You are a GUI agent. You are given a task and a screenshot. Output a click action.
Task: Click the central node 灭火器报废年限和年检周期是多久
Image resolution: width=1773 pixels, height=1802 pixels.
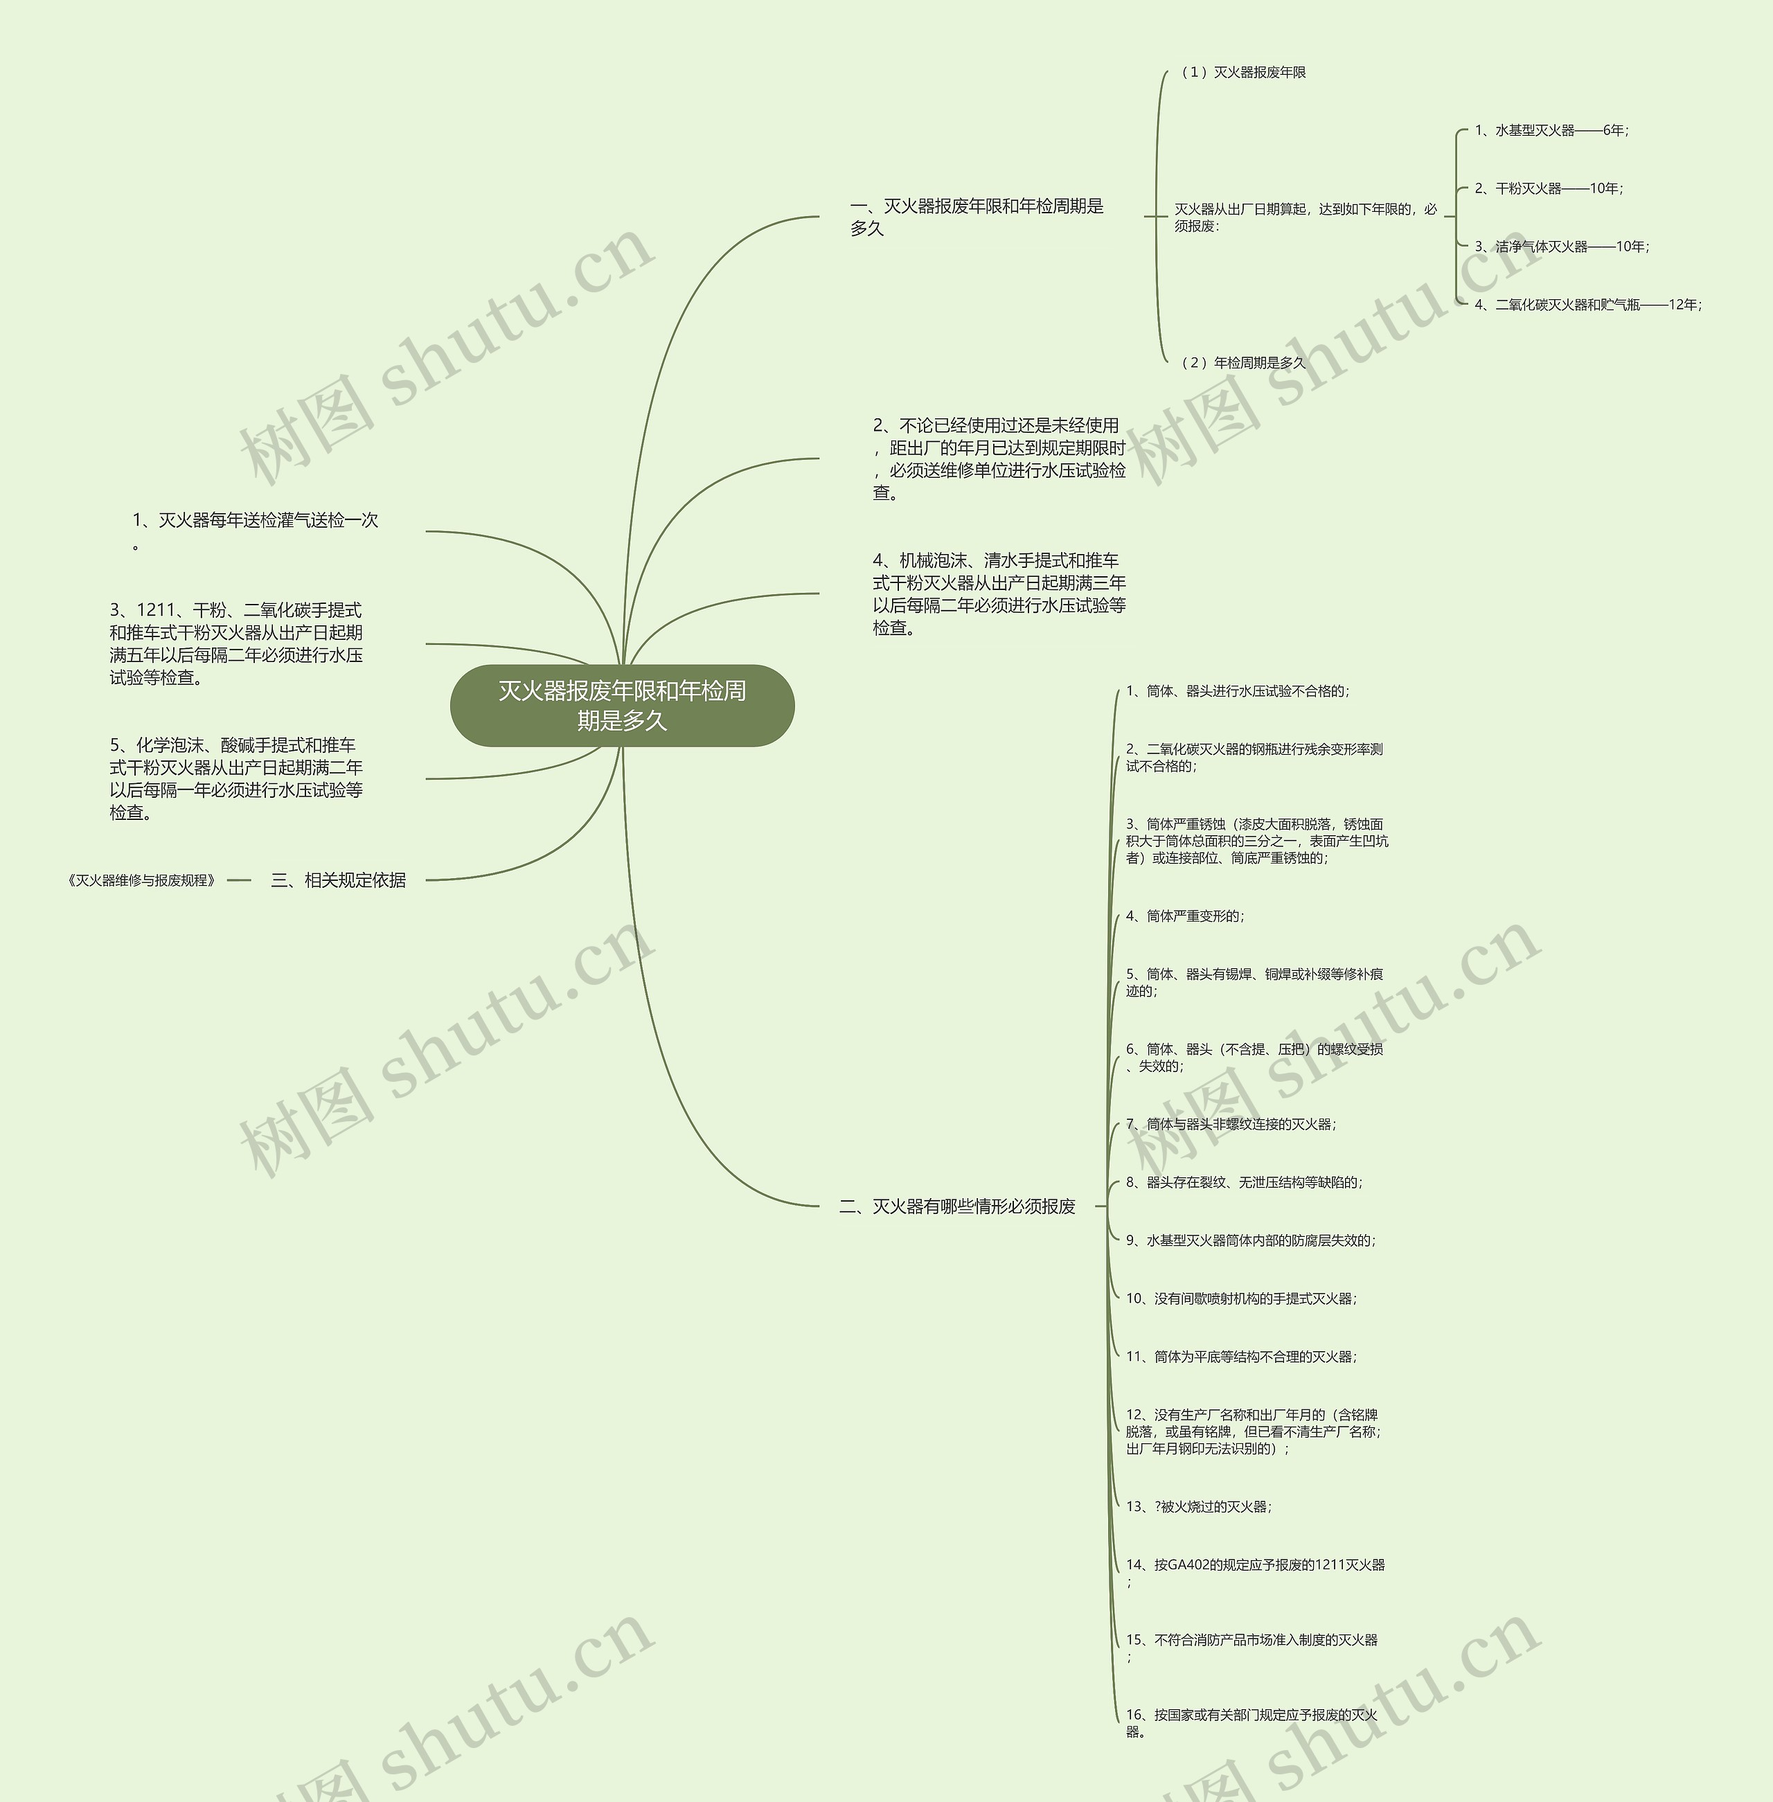(622, 705)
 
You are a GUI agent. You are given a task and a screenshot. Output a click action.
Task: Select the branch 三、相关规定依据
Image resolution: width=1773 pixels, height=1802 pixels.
(338, 880)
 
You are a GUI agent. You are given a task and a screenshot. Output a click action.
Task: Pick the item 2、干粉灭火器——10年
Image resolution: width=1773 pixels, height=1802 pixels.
(1548, 189)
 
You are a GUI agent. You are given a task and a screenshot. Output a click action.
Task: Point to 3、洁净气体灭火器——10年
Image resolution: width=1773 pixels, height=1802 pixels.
(1560, 247)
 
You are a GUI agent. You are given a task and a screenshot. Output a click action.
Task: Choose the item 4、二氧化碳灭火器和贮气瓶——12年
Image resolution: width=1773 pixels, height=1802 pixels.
(1587, 305)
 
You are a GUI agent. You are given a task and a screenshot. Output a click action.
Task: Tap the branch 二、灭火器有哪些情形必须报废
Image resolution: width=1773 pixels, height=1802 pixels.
(957, 1207)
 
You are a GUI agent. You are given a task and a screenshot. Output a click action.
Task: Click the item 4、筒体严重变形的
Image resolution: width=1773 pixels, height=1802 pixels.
(1184, 916)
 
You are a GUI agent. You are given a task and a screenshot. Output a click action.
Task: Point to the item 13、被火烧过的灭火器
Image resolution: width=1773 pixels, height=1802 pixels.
(1198, 1507)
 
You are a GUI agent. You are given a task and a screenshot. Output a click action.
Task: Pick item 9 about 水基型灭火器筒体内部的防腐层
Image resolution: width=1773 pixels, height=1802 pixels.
(1249, 1240)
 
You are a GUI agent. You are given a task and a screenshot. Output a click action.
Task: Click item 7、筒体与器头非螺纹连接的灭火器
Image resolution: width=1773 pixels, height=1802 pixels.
(1230, 1124)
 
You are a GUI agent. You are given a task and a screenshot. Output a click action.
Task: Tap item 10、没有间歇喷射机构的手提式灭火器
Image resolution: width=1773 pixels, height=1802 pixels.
(1240, 1299)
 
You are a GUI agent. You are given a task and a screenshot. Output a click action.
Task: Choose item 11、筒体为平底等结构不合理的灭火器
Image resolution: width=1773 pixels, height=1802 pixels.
(1240, 1357)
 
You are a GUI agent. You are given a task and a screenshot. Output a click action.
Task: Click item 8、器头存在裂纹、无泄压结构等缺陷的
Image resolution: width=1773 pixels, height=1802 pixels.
(1243, 1183)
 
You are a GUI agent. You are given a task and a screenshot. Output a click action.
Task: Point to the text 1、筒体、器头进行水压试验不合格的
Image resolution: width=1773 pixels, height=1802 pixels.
(1237, 691)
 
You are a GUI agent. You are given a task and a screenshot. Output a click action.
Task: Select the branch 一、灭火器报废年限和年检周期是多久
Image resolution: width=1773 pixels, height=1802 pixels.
(976, 217)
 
